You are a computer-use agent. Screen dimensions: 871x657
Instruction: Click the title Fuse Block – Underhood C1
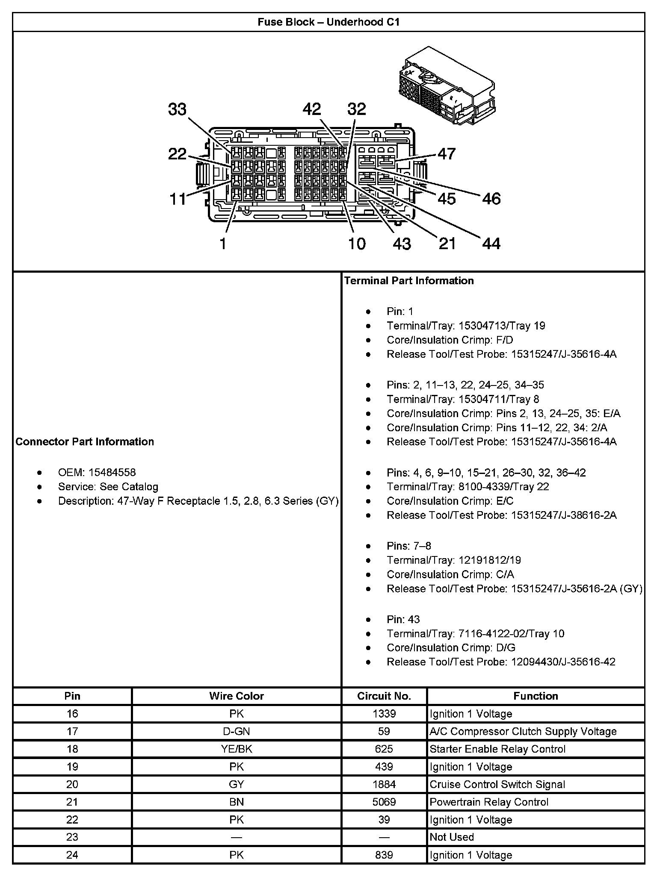(x=328, y=22)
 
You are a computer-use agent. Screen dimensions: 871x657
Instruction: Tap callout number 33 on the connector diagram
(x=177, y=109)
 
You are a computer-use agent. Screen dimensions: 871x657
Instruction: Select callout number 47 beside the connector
(x=447, y=154)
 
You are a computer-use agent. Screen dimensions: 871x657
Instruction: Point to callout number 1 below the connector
(x=222, y=244)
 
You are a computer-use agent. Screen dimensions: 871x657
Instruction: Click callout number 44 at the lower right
(x=491, y=244)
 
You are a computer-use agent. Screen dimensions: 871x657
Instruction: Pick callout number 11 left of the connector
(x=178, y=199)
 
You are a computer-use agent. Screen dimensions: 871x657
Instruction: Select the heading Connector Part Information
(x=85, y=441)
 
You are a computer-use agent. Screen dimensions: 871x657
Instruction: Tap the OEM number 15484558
(x=112, y=472)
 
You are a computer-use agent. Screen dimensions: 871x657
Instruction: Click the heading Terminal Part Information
(x=409, y=281)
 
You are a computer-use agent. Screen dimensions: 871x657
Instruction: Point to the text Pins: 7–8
(x=409, y=546)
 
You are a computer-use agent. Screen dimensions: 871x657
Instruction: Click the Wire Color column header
(x=237, y=696)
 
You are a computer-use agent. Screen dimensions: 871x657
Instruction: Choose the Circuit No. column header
(x=384, y=696)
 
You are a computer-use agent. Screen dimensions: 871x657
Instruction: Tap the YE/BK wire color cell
(x=237, y=749)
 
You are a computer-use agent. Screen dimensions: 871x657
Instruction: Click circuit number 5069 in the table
(x=384, y=802)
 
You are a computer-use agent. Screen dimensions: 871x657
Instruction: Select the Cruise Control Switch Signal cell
(x=497, y=784)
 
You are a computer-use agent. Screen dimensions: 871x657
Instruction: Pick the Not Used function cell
(x=452, y=837)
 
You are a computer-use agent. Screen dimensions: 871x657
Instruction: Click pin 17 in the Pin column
(x=72, y=731)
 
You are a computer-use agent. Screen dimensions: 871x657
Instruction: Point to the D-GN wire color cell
(x=237, y=731)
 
